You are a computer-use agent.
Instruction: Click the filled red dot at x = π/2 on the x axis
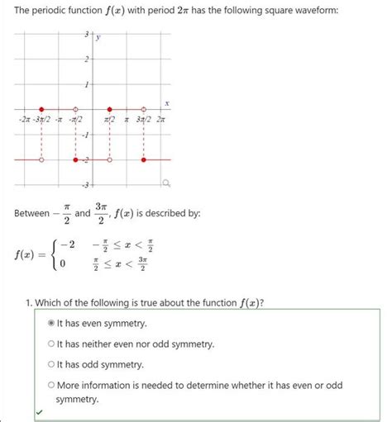tap(110, 109)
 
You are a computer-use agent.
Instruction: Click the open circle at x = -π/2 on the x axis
tap(76, 109)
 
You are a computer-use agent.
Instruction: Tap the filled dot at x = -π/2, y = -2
tap(76, 159)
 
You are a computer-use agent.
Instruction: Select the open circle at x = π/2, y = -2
tap(110, 159)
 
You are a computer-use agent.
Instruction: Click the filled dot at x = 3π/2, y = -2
tap(144, 159)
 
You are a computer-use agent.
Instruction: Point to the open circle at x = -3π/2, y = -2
tap(41, 159)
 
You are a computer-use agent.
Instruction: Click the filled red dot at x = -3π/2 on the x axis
tap(41, 109)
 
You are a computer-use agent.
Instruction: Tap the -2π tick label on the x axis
tap(24, 121)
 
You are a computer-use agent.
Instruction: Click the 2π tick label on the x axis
tap(161, 121)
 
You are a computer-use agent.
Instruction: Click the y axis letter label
tap(98, 37)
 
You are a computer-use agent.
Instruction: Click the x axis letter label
tap(166, 102)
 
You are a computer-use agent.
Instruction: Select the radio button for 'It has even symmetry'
tap(50, 323)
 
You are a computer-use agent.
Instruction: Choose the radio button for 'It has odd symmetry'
tap(50, 364)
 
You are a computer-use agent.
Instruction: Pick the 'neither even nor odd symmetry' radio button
tap(50, 344)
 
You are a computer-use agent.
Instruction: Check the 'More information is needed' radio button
tap(50, 385)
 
